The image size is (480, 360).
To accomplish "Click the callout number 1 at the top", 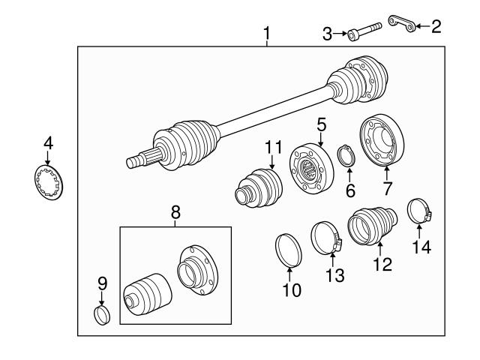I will pos(266,34).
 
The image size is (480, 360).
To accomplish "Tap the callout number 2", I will pos(436,27).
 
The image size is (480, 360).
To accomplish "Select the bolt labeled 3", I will pos(364,32).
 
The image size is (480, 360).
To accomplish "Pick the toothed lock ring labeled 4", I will pos(50,183).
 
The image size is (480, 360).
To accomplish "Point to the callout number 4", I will pos(48,142).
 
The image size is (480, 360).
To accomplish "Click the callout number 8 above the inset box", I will pos(176,213).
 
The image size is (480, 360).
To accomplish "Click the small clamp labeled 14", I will pos(421,211).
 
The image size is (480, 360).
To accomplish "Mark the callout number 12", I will pos(382,264).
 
